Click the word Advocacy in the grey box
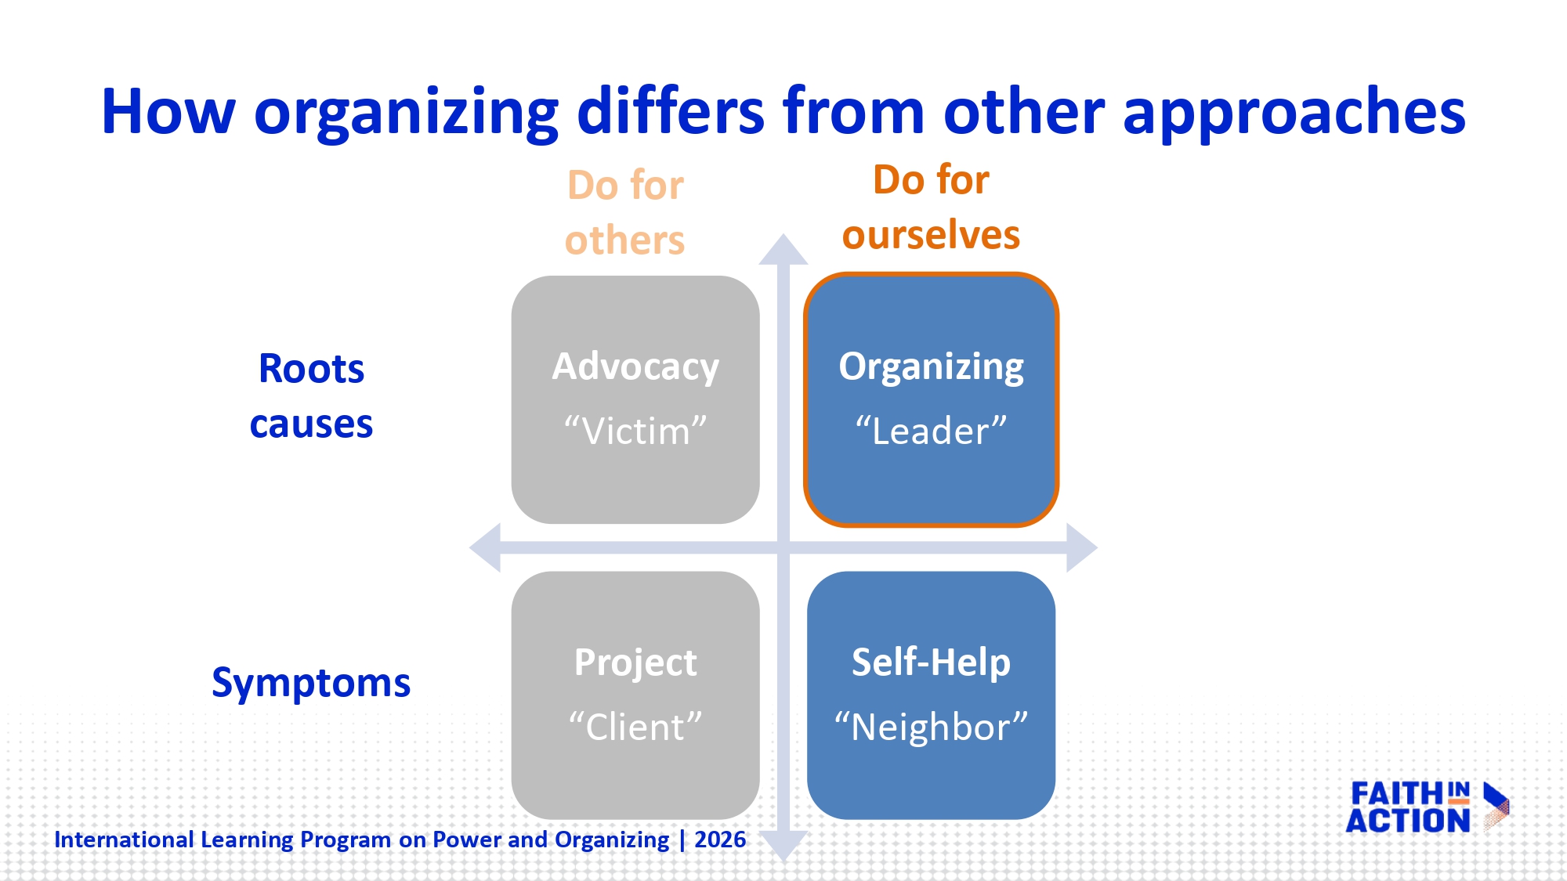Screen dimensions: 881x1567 635,366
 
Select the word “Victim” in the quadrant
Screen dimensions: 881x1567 635,431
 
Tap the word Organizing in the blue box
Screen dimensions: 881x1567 931,366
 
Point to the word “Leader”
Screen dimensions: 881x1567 931,431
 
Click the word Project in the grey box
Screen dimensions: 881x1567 635,663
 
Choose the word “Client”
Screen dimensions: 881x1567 635,727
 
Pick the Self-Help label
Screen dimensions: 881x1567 931,663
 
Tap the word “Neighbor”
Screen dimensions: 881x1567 931,727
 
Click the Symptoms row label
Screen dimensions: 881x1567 311,683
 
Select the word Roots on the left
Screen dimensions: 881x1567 311,368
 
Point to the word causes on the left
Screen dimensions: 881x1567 311,424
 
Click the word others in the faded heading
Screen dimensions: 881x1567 625,240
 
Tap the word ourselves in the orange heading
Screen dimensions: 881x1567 931,234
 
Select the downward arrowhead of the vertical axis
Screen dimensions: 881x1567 783,846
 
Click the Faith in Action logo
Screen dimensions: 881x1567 1426,807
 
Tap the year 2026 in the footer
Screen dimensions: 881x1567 720,839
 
